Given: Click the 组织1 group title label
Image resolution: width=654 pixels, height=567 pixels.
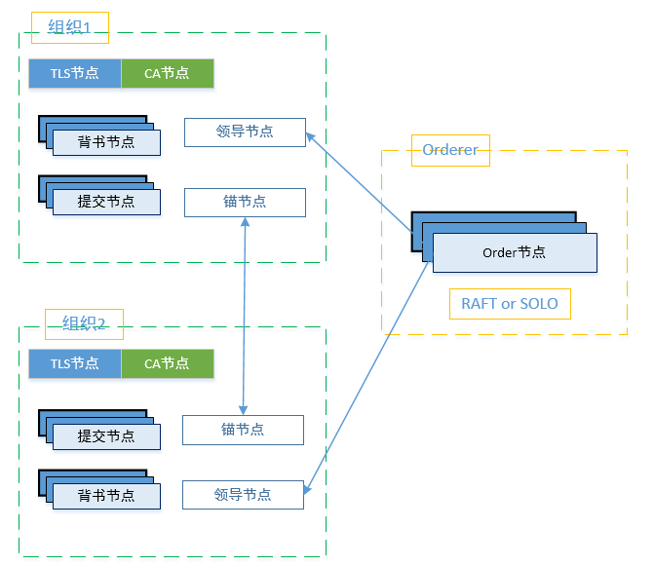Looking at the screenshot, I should click(70, 28).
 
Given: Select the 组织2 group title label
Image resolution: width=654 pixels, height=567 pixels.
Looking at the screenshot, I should click(84, 323).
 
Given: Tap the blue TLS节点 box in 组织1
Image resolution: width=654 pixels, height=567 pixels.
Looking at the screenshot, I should click(75, 73).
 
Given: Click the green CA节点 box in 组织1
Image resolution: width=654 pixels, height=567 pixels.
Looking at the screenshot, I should click(167, 73).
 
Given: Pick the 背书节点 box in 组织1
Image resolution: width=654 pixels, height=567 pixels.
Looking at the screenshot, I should click(106, 142).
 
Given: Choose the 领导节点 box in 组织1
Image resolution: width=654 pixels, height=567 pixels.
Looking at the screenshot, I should click(245, 132).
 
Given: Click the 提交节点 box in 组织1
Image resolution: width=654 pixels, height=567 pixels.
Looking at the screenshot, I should click(106, 202).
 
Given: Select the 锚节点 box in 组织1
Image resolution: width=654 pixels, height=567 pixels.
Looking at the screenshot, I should click(245, 202).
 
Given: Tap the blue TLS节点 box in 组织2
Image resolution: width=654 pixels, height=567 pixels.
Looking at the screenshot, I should click(75, 363).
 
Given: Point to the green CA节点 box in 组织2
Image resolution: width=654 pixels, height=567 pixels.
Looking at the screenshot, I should click(167, 363).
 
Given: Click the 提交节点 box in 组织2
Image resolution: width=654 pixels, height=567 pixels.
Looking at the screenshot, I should click(106, 435).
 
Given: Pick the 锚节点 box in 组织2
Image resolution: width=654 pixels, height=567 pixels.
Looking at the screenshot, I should click(243, 430).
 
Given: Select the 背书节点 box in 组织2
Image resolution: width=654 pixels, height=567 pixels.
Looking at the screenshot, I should click(106, 495).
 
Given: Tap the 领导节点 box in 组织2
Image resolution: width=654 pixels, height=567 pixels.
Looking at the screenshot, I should click(243, 494).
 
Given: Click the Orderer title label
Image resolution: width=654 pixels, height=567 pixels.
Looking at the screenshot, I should click(450, 150).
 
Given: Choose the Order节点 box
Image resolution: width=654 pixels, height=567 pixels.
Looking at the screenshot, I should click(514, 252).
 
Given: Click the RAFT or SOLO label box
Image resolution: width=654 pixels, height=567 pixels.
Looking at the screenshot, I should click(510, 304).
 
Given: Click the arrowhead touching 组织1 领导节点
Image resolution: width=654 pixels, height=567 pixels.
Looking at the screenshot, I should click(311, 137).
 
